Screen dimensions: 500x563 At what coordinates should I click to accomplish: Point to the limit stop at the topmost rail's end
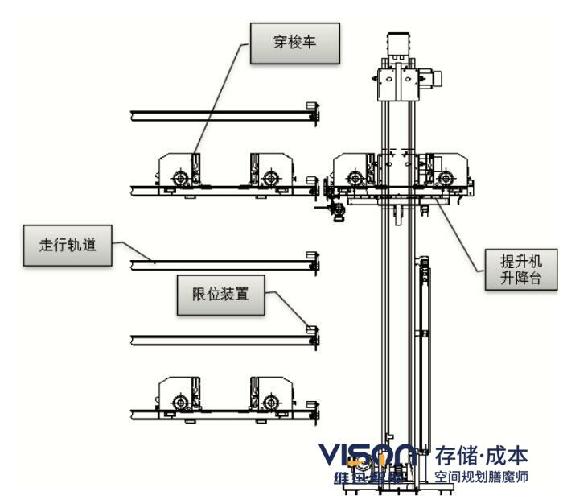click(x=313, y=111)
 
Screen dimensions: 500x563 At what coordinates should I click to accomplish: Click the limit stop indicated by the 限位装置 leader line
click(x=313, y=333)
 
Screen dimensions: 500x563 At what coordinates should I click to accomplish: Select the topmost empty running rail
click(x=217, y=116)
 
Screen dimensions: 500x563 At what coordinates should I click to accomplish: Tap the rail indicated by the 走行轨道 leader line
click(x=217, y=264)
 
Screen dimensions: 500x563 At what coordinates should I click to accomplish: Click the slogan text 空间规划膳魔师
click(x=482, y=477)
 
